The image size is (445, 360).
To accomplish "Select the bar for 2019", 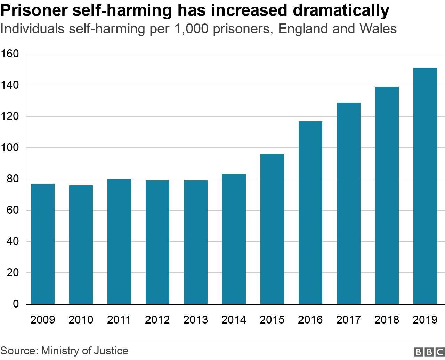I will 425,186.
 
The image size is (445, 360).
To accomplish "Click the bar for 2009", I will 43,244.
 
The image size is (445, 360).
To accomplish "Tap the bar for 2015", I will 272,229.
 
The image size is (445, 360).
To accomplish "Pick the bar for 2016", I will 310,213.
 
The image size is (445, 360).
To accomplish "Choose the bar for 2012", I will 157,242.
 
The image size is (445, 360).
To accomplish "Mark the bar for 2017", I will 349,203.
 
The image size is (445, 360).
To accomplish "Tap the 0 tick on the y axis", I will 16,304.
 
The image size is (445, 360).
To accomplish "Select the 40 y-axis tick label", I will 13,242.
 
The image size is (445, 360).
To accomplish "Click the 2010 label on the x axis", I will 81,320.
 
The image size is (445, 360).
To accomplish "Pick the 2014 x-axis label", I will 234,320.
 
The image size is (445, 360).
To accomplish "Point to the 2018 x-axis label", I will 387,320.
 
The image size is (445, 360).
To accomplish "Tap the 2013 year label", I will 196,320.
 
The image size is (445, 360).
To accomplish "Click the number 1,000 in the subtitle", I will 189,28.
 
